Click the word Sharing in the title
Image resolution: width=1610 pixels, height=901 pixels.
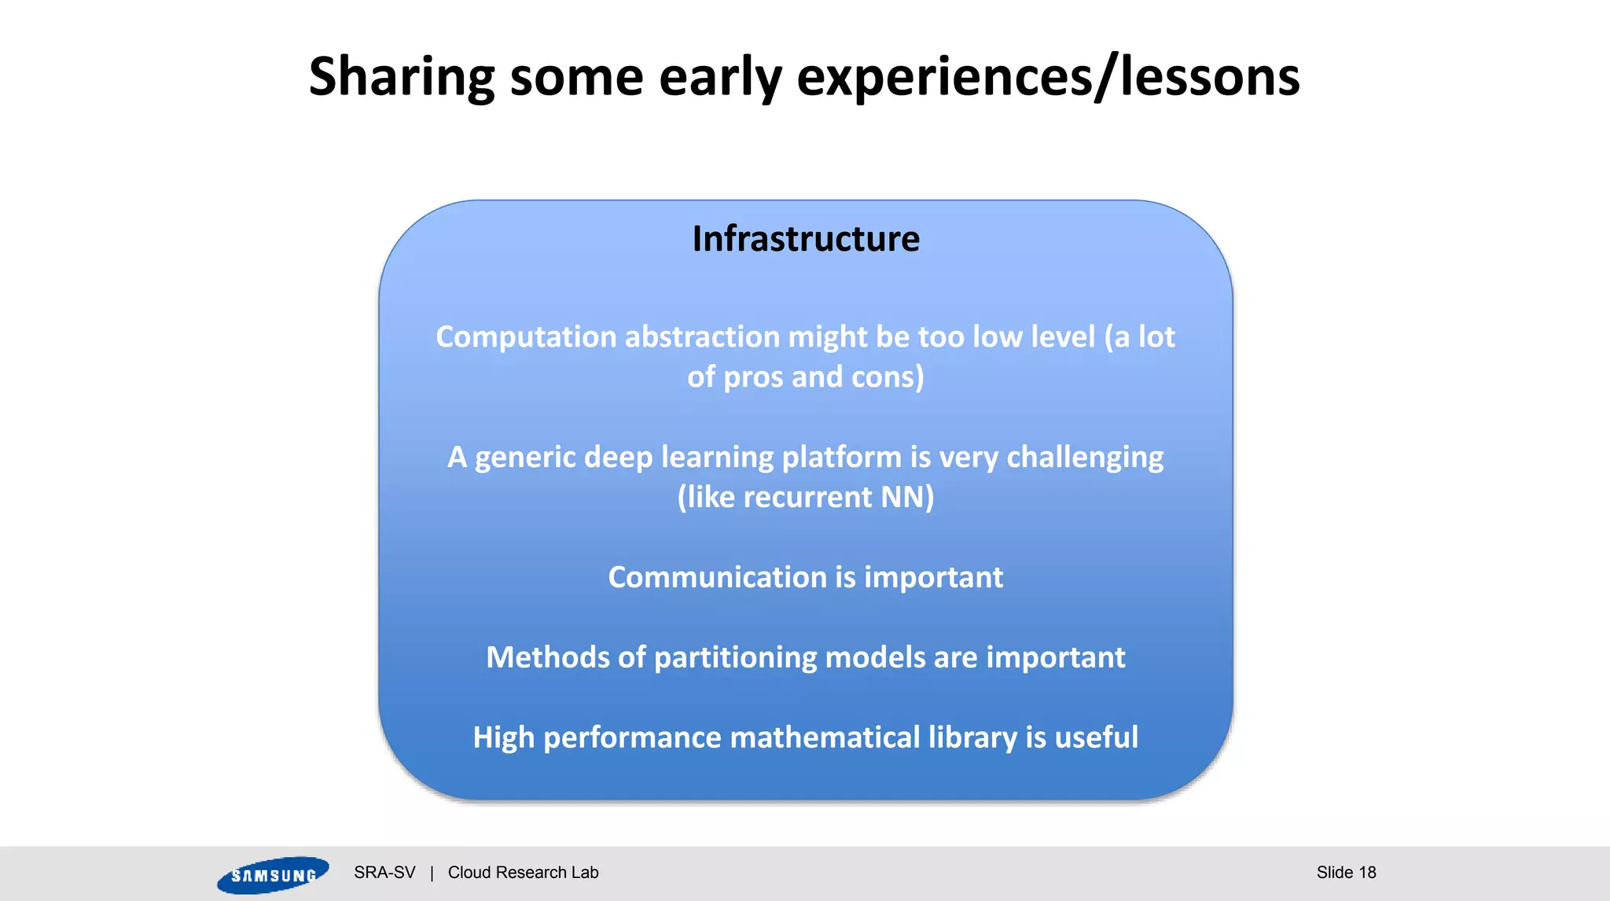click(x=401, y=77)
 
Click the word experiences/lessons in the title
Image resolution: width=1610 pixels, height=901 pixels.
click(x=1048, y=77)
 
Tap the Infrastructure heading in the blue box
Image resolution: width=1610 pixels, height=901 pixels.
click(x=806, y=239)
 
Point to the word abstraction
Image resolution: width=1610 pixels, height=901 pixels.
click(x=702, y=337)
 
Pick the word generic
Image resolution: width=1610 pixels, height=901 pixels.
click(x=525, y=458)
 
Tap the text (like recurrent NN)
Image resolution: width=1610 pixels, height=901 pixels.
click(x=806, y=498)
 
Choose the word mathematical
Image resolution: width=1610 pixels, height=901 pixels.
click(x=825, y=738)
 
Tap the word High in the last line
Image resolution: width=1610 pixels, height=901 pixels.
click(x=503, y=738)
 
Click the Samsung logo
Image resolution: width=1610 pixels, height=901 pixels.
click(x=273, y=875)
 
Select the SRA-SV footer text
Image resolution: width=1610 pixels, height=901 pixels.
click(x=384, y=873)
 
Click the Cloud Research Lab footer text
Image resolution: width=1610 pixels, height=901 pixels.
click(x=523, y=873)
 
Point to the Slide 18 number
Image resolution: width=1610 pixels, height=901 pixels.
click(x=1346, y=873)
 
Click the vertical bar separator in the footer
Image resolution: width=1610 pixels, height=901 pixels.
click(x=432, y=873)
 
